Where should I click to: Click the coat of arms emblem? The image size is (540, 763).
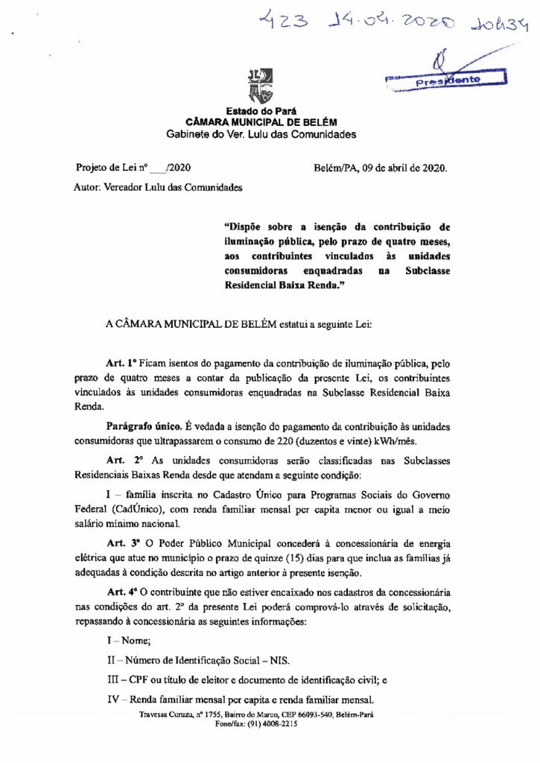point(260,86)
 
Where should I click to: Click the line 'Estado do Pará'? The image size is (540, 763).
point(260,111)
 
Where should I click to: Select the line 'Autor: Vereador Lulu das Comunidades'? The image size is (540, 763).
point(158,188)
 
